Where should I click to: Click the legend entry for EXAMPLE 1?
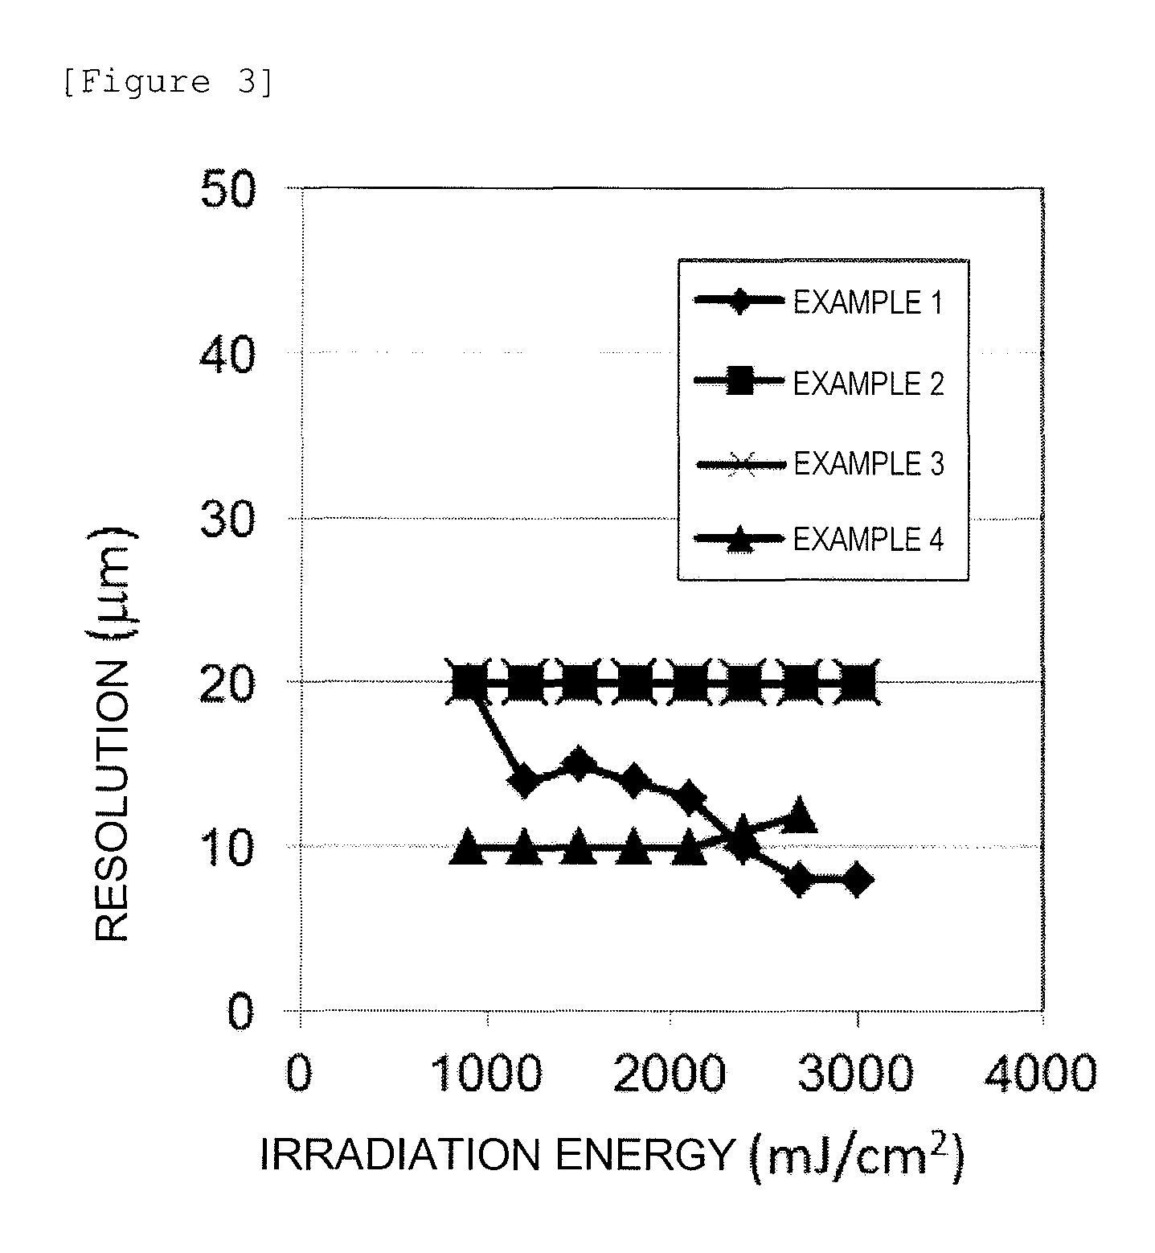point(820,303)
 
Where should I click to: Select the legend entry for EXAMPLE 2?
point(820,383)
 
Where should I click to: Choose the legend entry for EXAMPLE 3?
point(820,464)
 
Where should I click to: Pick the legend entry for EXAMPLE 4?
point(820,538)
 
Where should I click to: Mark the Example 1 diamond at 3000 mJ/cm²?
point(857,880)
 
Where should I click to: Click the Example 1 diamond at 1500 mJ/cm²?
point(578,765)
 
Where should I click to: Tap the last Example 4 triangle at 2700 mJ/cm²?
point(799,815)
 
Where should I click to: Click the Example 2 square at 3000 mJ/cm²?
point(857,684)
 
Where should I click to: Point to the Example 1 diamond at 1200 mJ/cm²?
point(524,781)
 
